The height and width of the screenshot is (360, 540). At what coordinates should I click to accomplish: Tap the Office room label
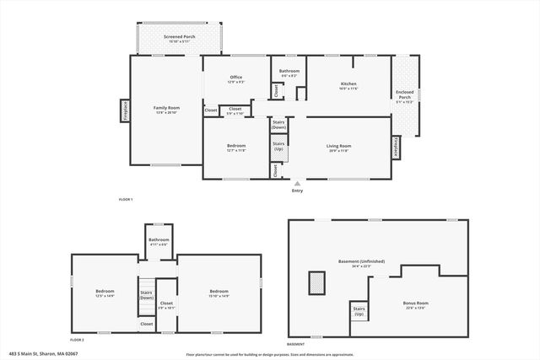(235, 79)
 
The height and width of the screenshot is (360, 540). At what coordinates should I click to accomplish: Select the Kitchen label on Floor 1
(348, 85)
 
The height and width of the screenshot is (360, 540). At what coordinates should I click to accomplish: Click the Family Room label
(166, 110)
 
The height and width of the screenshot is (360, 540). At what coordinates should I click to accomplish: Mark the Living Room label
(338, 148)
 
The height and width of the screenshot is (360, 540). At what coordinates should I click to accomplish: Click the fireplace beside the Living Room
(396, 148)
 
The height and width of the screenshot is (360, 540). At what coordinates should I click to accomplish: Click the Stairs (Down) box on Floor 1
(278, 125)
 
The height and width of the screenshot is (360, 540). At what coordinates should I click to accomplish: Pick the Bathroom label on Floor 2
(159, 241)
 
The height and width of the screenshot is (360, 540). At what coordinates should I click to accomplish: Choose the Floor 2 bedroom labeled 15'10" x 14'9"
(219, 293)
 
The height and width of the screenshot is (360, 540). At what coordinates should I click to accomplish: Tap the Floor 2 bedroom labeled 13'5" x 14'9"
(105, 293)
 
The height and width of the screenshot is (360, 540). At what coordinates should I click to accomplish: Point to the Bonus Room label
(417, 304)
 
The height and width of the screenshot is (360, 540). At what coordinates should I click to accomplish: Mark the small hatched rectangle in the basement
(317, 283)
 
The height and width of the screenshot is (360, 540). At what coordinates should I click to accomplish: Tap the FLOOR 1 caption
(126, 199)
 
